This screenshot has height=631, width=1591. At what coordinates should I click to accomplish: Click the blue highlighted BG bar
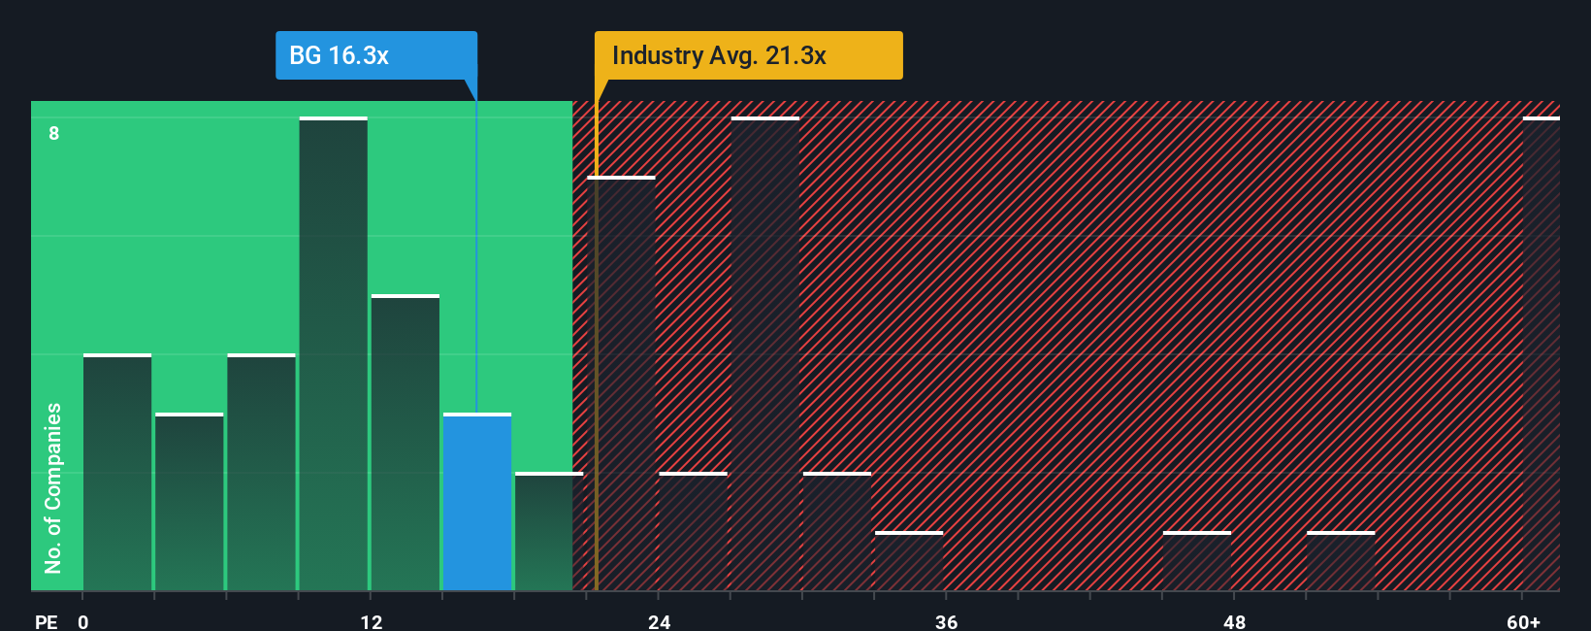click(x=477, y=503)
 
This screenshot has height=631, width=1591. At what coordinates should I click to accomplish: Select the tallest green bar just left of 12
click(x=333, y=354)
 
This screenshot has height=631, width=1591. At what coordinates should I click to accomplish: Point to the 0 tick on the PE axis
click(x=83, y=621)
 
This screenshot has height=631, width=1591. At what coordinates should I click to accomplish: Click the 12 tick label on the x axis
click(x=372, y=621)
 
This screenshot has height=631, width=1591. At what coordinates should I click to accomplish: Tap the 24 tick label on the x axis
click(x=660, y=621)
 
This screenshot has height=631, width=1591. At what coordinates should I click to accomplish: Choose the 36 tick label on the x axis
click(x=947, y=621)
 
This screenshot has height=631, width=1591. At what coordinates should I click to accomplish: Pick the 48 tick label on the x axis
click(x=1234, y=621)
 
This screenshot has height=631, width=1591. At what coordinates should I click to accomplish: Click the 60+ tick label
click(x=1523, y=621)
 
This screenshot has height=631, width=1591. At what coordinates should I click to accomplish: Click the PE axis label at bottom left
click(x=46, y=621)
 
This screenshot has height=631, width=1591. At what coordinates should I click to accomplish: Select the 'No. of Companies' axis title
click(x=53, y=487)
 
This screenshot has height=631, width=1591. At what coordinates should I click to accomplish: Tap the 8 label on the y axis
click(x=54, y=133)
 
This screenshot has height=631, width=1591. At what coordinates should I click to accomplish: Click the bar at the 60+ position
click(x=1541, y=354)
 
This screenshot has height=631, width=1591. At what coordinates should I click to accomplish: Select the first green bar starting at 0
click(x=117, y=473)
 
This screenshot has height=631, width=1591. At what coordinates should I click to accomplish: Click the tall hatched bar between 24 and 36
click(x=765, y=354)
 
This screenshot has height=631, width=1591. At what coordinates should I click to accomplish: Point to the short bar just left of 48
click(x=1197, y=561)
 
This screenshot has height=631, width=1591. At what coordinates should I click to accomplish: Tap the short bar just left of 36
click(x=909, y=561)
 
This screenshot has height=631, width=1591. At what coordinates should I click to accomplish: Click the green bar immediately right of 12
click(x=406, y=443)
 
